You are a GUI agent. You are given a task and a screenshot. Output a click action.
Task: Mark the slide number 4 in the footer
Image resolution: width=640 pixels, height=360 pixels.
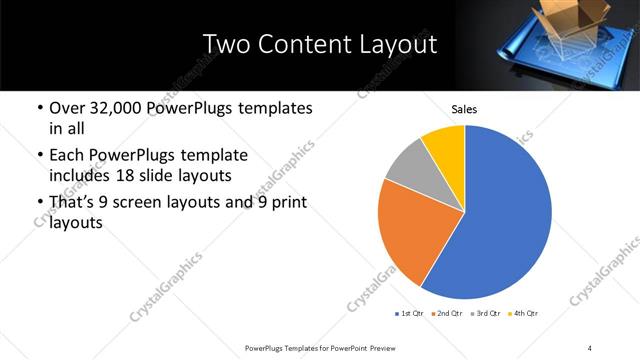point(589,347)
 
